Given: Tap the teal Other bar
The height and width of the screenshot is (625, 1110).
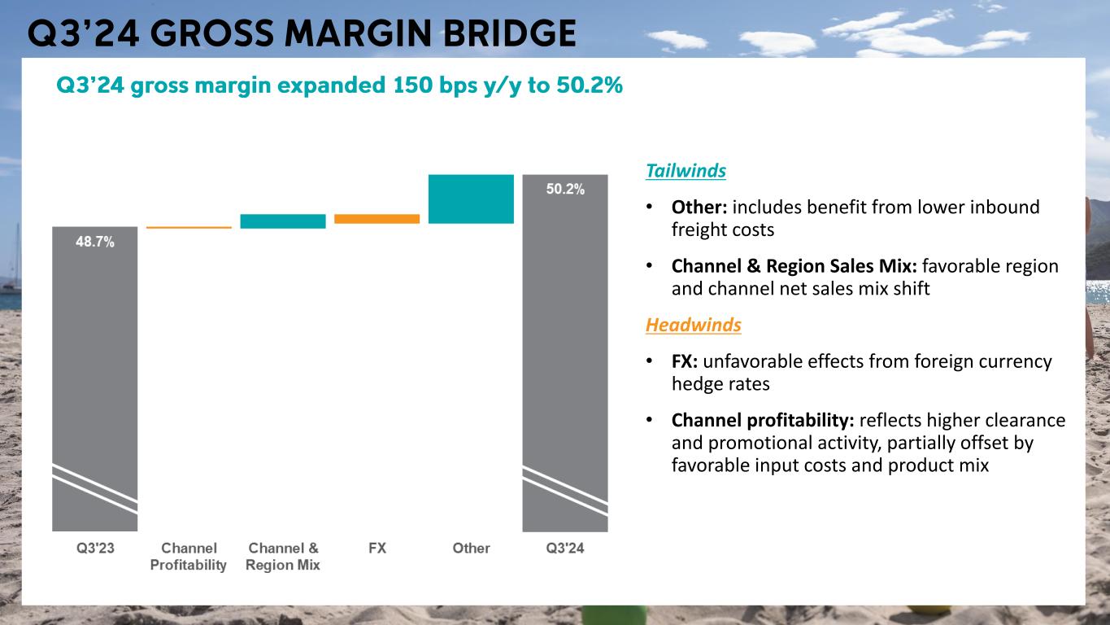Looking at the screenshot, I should [x=471, y=199].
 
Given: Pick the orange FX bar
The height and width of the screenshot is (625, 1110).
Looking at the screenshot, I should [x=377, y=219].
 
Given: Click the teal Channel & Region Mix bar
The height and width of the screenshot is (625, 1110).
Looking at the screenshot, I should [x=283, y=221].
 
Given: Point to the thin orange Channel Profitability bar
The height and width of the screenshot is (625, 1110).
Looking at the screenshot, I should [x=189, y=228].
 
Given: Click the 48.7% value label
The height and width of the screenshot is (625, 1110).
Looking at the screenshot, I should [x=95, y=242].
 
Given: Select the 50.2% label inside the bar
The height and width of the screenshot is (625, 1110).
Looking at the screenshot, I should [x=564, y=189].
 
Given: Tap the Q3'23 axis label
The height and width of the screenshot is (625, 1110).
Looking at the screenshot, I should [x=95, y=549].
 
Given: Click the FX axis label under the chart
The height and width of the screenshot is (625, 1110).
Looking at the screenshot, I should [x=377, y=549].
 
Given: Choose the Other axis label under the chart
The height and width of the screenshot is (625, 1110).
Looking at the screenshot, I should [x=471, y=549].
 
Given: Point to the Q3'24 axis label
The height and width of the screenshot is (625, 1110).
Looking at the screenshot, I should [x=564, y=549].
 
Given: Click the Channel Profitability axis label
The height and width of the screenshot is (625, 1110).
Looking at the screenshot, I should [x=189, y=557].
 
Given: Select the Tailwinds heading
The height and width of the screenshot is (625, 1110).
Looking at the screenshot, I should [x=686, y=172].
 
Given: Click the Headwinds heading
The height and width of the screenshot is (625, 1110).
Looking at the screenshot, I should [x=693, y=326].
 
